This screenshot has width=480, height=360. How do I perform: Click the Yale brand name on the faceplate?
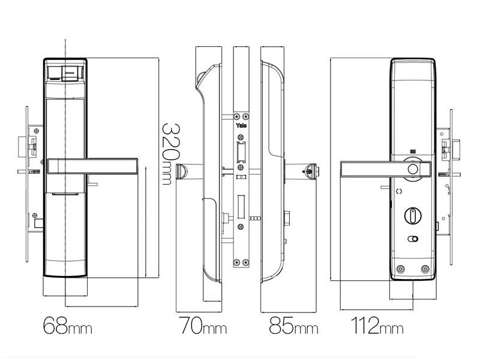(241, 125)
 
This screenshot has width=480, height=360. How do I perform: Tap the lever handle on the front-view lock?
(94, 166)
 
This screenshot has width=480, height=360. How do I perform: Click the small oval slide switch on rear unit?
(413, 239)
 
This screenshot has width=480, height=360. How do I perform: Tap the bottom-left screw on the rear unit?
(400, 269)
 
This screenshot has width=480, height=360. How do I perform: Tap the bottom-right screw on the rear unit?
(425, 269)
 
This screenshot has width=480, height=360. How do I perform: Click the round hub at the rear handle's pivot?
(414, 169)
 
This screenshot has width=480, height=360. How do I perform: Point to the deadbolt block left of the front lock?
(30, 145)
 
